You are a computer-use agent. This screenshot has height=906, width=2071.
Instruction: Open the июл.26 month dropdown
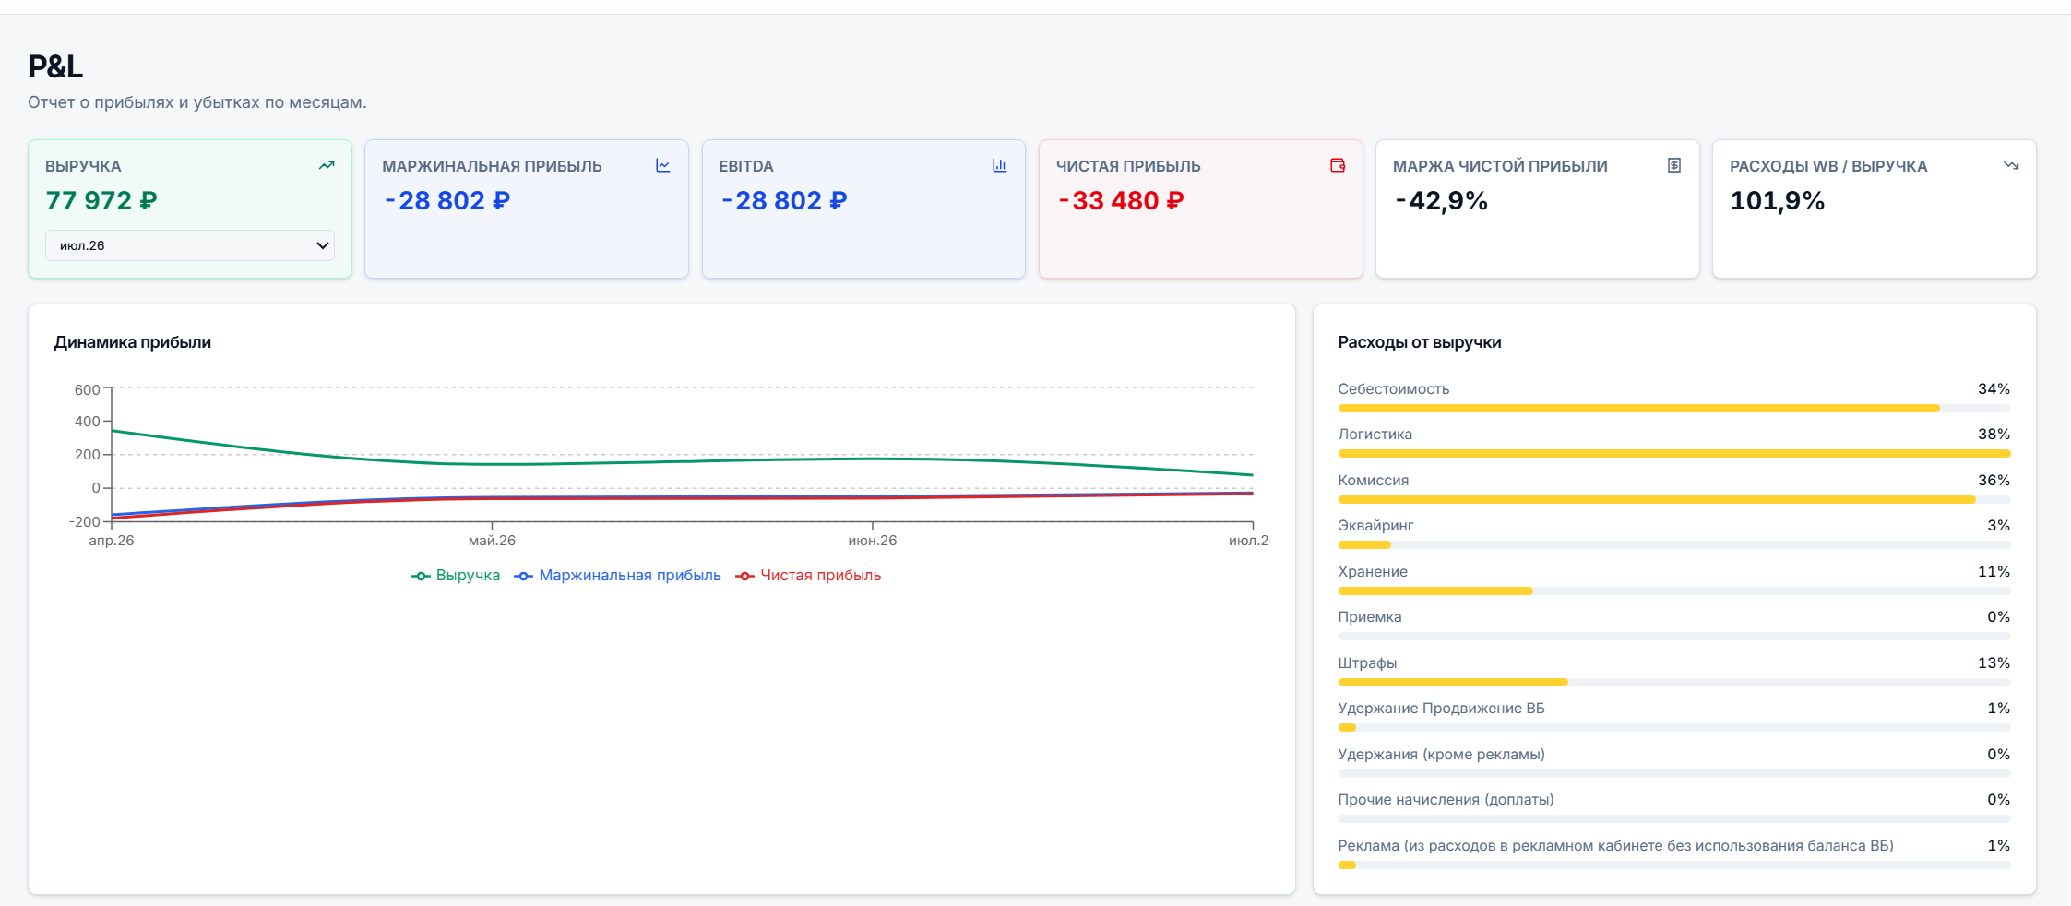coord(190,245)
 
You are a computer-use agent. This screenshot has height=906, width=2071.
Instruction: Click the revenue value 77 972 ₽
coord(101,200)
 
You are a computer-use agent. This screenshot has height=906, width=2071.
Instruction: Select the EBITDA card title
coord(746,166)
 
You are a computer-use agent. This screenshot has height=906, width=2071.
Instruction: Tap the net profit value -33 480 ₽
coord(1121,200)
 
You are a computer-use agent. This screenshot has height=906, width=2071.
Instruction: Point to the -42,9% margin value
coord(1441,200)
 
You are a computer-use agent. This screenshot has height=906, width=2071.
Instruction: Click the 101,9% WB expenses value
coord(1778,200)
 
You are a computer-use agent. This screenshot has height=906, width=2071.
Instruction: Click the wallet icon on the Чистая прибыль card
coord(1338,165)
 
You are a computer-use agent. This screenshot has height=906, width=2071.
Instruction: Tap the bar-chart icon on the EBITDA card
coord(1000,165)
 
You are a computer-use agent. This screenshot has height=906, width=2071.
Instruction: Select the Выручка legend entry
coord(456,576)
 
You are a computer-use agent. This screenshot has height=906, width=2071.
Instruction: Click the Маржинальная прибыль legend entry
coord(617,576)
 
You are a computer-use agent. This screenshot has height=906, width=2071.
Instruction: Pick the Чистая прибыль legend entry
coord(808,576)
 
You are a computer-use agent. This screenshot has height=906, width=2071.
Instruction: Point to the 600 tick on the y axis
coord(88,389)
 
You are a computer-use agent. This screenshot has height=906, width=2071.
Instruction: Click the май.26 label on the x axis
coord(492,541)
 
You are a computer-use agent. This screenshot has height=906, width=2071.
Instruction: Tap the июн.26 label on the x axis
coord(873,541)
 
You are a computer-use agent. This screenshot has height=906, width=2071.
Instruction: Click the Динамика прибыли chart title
coord(133,342)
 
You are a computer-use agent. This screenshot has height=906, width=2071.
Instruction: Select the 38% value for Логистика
coord(1994,435)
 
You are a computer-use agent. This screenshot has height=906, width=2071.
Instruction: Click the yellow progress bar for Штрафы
coord(1453,683)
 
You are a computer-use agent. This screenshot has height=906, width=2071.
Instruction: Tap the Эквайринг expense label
coord(1375,526)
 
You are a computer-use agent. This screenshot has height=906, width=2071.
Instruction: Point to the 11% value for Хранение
coord(1994,572)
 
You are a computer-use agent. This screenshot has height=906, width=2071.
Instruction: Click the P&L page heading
coord(55,66)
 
